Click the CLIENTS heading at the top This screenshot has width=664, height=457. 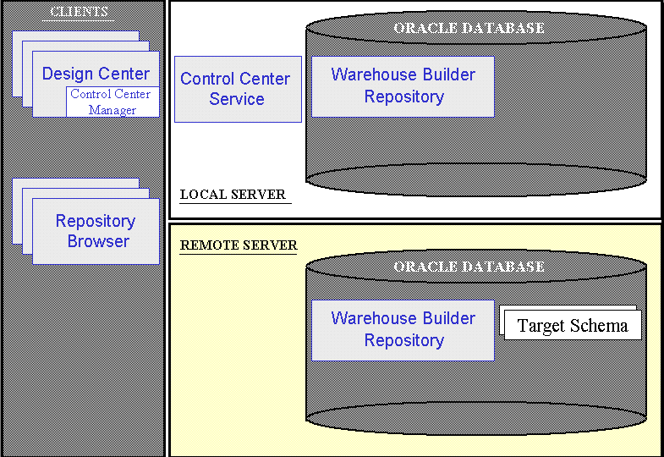click(80, 12)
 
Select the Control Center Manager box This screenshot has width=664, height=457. click(112, 102)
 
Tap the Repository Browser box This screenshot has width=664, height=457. click(96, 230)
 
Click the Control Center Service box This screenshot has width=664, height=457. click(237, 89)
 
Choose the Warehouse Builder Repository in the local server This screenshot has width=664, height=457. click(403, 85)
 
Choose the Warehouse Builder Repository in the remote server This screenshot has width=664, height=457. click(403, 329)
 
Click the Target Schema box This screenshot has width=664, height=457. click(572, 326)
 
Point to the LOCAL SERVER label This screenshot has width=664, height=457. click(233, 195)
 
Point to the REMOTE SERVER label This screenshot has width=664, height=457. click(238, 245)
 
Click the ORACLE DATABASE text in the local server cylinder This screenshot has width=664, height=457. click(469, 29)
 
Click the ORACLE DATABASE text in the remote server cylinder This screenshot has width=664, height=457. click(469, 267)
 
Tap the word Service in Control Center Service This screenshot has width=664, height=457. click(237, 99)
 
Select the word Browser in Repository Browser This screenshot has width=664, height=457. click(98, 241)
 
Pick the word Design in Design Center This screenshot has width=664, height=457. click(67, 74)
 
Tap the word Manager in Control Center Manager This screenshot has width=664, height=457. click(112, 110)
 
